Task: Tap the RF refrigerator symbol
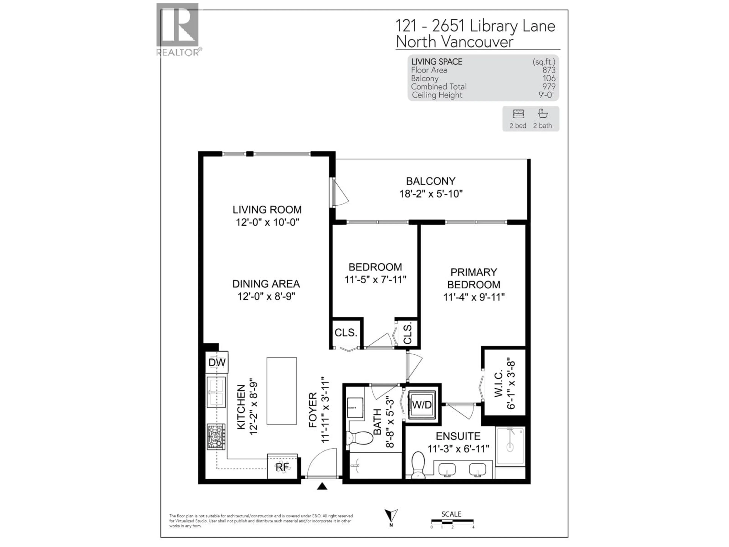click(x=282, y=467)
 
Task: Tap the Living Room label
click(x=267, y=210)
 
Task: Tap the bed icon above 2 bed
click(x=518, y=114)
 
